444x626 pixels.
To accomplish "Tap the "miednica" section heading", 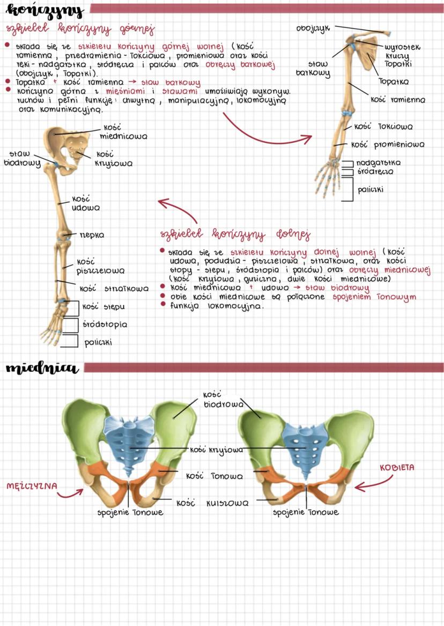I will pyautogui.click(x=42, y=368).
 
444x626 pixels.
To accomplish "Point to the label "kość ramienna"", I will pyautogui.click(x=397, y=99).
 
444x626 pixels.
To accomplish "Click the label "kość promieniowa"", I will pyautogui.click(x=388, y=144).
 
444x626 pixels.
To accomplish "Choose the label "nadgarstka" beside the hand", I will pyautogui.click(x=378, y=162).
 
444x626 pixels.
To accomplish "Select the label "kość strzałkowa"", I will pyautogui.click(x=114, y=289).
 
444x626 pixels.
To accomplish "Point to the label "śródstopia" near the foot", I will pyautogui.click(x=105, y=325).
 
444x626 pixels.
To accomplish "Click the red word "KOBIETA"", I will pyautogui.click(x=397, y=467).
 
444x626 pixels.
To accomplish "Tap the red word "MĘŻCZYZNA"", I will pyautogui.click(x=32, y=486).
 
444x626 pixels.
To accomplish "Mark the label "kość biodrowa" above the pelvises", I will pyautogui.click(x=223, y=399).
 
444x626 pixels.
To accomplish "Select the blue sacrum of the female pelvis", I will pyautogui.click(x=304, y=443).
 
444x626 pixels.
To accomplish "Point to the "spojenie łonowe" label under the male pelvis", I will pyautogui.click(x=130, y=512).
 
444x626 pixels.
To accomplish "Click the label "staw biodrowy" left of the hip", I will pyautogui.click(x=21, y=158).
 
